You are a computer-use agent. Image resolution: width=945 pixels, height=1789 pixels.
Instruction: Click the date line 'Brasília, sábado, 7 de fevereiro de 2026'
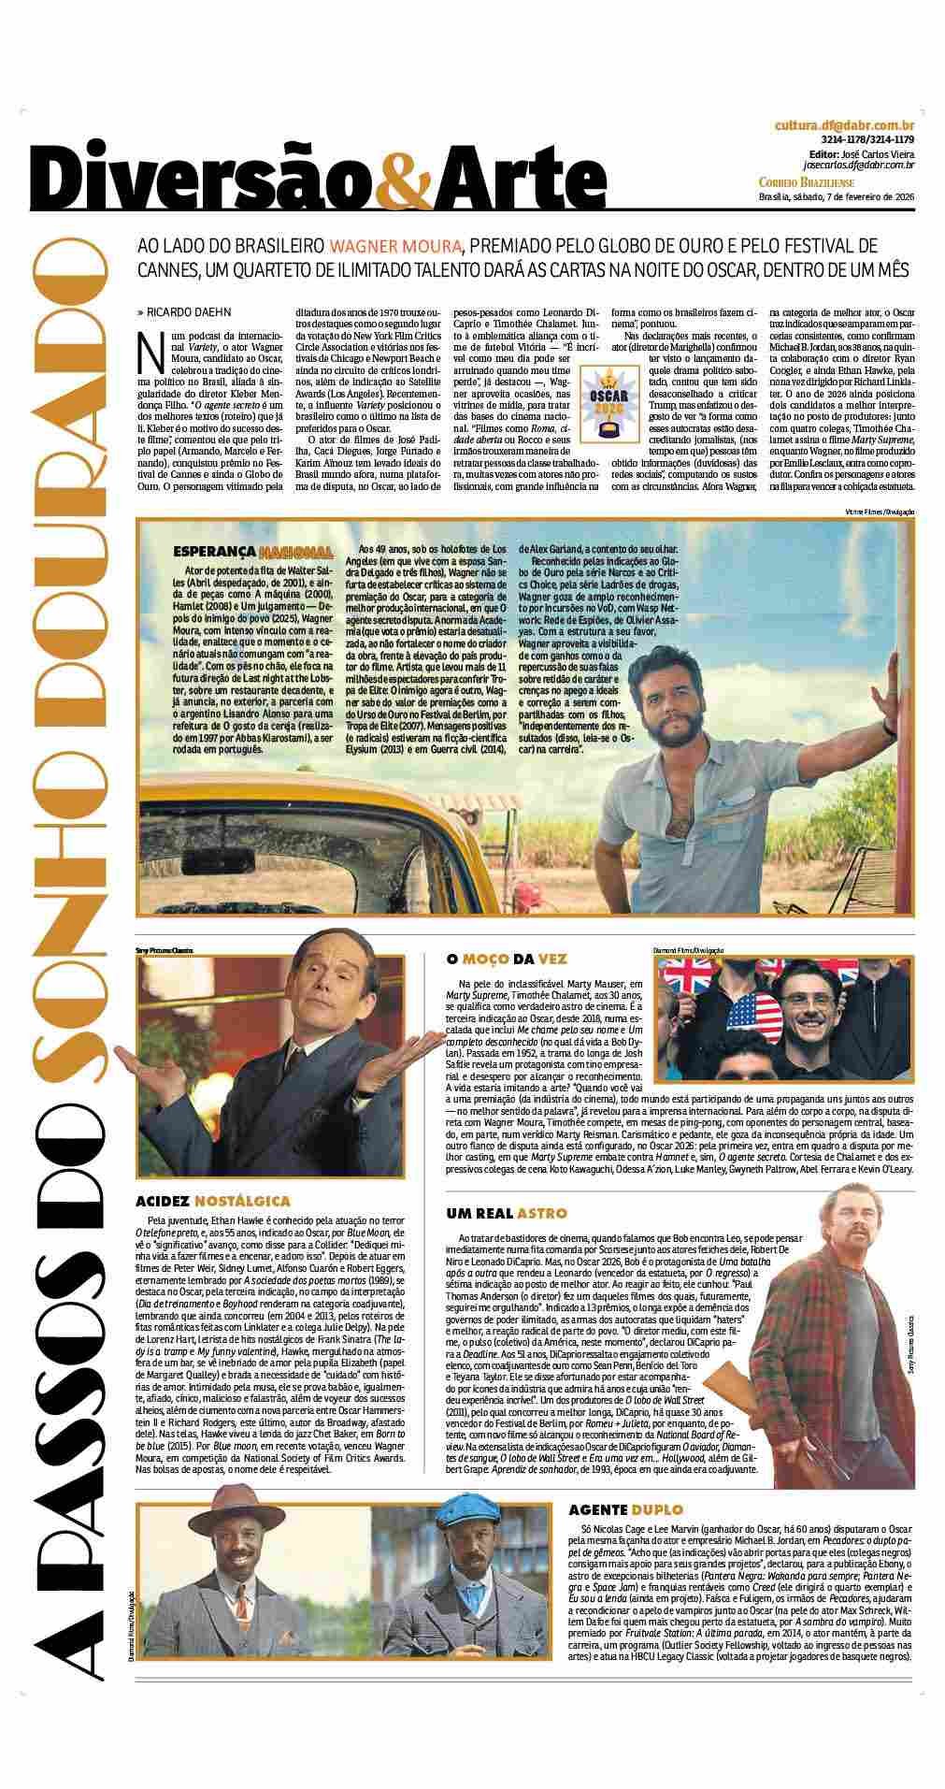pyautogui.click(x=835, y=196)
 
